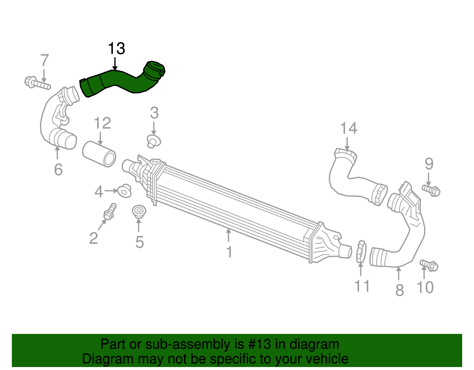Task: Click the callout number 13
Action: [116, 49]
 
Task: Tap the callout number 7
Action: [44, 60]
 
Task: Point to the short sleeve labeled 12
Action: [99, 154]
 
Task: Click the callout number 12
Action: [102, 123]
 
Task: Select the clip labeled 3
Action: [154, 141]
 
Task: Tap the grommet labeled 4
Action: [125, 191]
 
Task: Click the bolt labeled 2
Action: [109, 212]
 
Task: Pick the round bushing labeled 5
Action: [139, 212]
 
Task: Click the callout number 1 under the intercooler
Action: [229, 252]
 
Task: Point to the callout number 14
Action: [348, 129]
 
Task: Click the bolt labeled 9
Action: [431, 190]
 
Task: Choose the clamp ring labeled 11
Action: [361, 252]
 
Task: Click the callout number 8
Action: [399, 290]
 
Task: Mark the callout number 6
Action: [58, 170]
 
